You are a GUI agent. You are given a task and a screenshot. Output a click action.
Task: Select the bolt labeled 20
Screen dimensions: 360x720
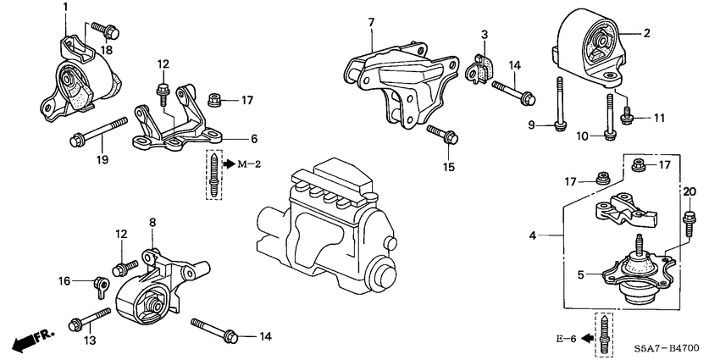pyautogui.click(x=688, y=221)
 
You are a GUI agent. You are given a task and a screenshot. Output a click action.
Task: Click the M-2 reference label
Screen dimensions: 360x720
pyautogui.click(x=239, y=163)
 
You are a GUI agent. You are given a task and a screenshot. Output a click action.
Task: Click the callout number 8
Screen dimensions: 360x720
pyautogui.click(x=152, y=224)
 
